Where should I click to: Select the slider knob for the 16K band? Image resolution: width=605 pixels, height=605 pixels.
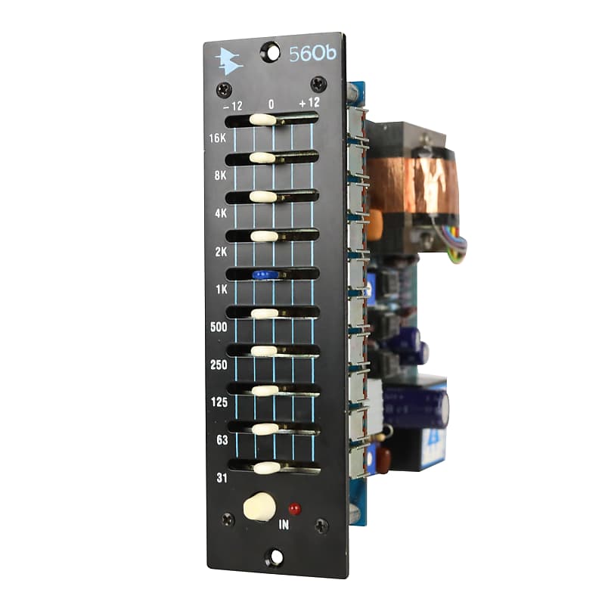pos(262,119)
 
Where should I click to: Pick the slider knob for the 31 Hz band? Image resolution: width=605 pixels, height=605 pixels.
pos(266,467)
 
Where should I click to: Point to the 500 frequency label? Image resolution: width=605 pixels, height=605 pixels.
pos(219,327)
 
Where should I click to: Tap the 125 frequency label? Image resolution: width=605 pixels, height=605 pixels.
pos(220,403)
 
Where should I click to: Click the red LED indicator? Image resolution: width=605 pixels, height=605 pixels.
pos(294,508)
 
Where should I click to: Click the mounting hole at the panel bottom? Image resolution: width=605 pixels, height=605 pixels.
pos(275,559)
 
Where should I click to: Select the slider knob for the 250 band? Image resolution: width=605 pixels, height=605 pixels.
pos(264,351)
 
